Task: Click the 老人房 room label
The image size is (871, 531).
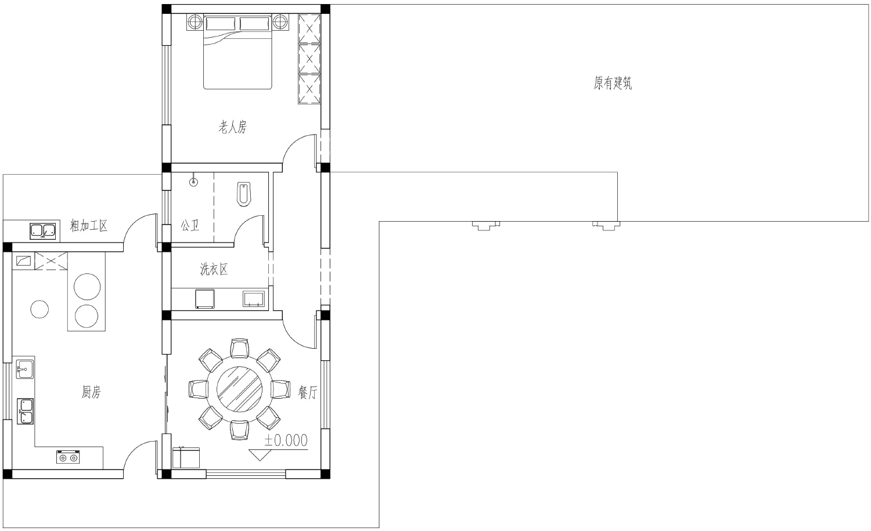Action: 232,127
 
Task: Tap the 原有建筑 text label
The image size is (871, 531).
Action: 613,83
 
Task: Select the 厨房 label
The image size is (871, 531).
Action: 91,392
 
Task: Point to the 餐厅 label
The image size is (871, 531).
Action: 308,392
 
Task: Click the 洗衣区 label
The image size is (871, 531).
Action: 214,269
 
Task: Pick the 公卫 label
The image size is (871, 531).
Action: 190,225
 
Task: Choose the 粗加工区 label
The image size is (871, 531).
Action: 89,226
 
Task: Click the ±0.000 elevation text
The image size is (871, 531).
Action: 286,440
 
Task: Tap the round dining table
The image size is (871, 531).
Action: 239,389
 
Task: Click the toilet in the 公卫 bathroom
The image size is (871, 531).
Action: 244,194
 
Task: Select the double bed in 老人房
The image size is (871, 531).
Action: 237,52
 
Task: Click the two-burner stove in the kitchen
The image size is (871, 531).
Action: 68,457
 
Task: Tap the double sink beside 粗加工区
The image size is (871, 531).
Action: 43,231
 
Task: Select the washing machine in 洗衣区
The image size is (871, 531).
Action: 204,298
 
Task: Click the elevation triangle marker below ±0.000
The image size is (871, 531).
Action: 260,455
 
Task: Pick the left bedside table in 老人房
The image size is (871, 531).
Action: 195,22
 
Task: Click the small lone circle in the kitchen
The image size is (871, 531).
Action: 39,309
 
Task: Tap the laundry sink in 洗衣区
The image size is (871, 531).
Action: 254,298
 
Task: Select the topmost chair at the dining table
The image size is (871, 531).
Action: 239,348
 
